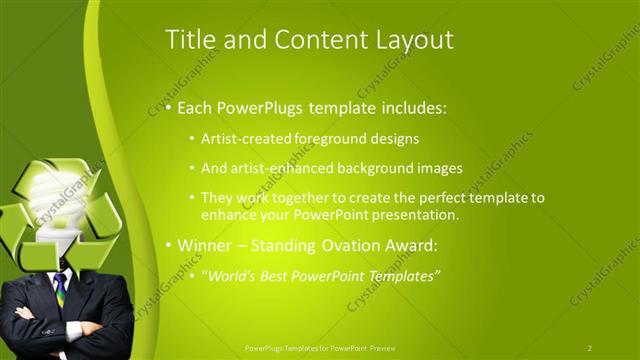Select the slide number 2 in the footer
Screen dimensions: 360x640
(x=589, y=348)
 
